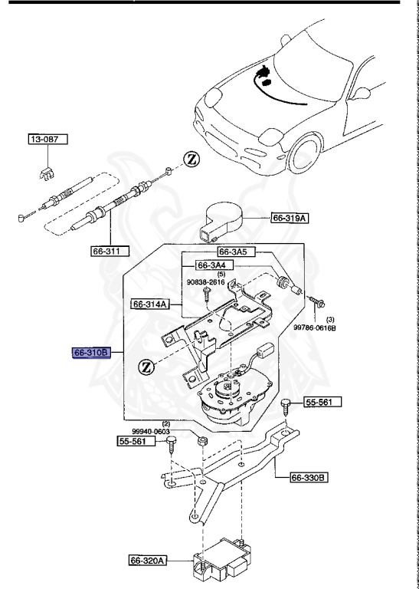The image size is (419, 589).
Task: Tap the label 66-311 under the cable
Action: (108, 250)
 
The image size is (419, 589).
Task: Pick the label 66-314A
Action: (149, 303)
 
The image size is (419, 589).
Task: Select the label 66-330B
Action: (309, 478)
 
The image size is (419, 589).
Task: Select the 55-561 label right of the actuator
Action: (322, 402)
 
